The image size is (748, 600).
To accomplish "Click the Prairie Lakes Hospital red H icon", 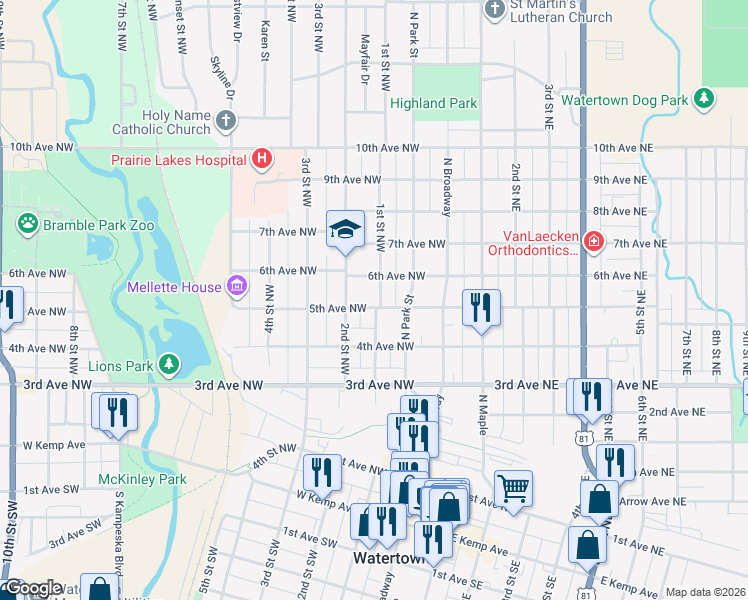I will [x=261, y=159].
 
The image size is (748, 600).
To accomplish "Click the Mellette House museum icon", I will [x=236, y=288].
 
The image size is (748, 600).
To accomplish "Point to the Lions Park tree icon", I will [x=170, y=366].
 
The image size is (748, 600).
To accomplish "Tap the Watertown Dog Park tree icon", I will [x=705, y=100].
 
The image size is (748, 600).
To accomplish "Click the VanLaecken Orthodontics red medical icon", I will [x=593, y=242].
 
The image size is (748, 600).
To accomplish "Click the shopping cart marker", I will [x=513, y=489].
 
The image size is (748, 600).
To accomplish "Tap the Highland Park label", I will [x=433, y=103].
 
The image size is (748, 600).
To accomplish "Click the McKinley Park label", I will [x=143, y=479].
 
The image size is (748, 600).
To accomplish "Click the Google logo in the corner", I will [x=32, y=588].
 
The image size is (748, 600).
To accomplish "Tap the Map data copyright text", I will [x=705, y=592].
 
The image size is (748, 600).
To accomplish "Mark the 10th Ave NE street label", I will [x=623, y=147].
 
